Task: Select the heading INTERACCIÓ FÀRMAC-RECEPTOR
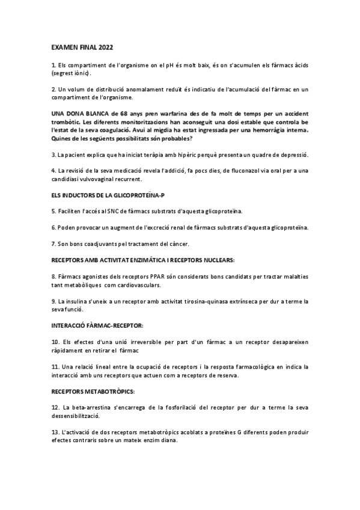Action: click(x=97, y=325)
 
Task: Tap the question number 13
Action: click(x=55, y=432)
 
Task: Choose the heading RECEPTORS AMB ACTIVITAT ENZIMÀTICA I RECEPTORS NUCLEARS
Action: click(x=143, y=260)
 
